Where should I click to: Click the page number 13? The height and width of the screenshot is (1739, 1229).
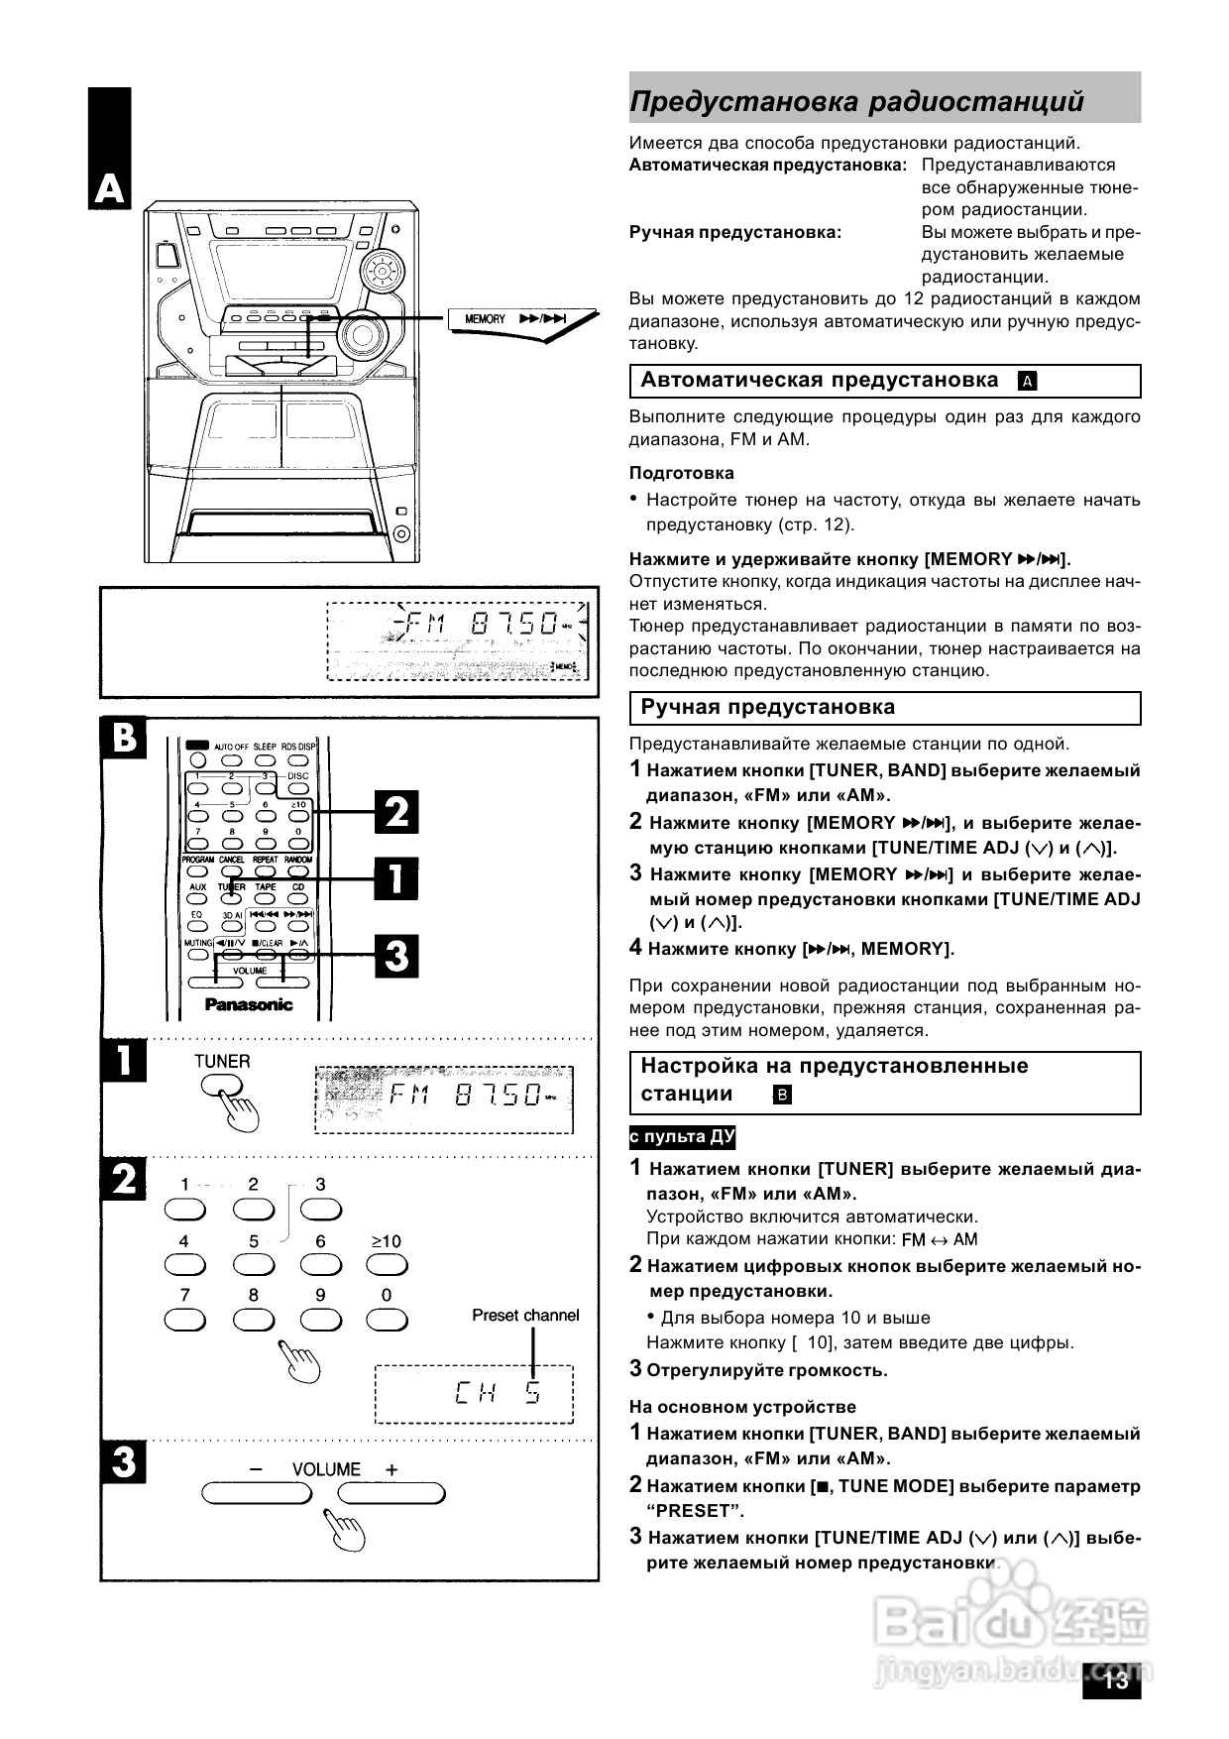[1115, 1680]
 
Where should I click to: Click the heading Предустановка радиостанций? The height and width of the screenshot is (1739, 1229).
[856, 101]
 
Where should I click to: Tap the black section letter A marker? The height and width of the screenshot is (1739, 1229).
[109, 189]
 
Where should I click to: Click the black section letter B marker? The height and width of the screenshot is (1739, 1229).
[123, 740]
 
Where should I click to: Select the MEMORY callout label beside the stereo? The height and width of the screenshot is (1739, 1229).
[485, 319]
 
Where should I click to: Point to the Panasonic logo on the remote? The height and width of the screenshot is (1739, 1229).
[249, 1004]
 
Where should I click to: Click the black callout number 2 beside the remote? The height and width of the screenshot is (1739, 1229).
[395, 813]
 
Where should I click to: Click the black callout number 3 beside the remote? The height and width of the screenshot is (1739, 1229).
[395, 957]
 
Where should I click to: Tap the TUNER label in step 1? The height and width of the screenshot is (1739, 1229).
[222, 1061]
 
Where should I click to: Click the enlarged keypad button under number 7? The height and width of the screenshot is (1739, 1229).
[184, 1320]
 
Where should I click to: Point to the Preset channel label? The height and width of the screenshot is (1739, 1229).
[525, 1316]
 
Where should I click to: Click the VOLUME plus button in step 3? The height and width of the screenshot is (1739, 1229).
[391, 1493]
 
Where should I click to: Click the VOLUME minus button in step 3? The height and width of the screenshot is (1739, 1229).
[257, 1493]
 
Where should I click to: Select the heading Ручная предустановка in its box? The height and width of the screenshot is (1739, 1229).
[767, 707]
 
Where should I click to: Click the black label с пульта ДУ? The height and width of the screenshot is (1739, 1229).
[682, 1137]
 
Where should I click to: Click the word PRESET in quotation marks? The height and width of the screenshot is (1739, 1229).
[695, 1511]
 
